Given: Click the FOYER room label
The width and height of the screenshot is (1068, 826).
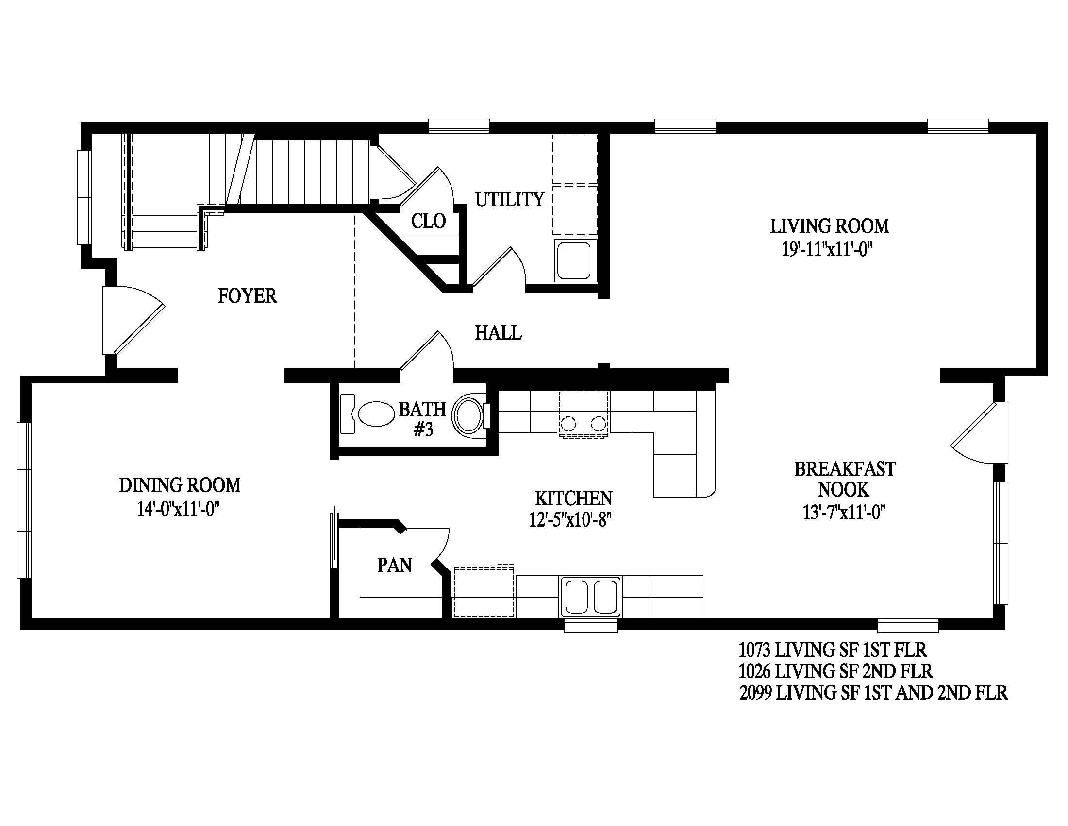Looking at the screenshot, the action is tap(247, 296).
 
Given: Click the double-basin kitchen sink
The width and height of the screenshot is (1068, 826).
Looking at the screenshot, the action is tap(591, 597).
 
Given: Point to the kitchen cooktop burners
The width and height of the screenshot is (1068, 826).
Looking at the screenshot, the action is tap(584, 422).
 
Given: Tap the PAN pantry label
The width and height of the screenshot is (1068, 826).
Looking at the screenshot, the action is tap(394, 566).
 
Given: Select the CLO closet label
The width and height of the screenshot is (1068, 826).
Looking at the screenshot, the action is tap(428, 221).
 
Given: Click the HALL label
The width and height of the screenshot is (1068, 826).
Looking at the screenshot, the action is tap(498, 333).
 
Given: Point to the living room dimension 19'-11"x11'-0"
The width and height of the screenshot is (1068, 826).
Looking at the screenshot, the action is tap(827, 250).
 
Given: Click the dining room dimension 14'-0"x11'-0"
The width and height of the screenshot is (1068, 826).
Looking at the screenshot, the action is tap(178, 509).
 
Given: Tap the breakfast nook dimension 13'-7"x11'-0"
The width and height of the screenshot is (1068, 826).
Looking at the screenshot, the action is tap(845, 512).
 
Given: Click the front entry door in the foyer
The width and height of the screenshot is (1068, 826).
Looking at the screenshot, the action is tap(132, 320).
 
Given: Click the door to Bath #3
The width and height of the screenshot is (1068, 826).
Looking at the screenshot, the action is tap(427, 350).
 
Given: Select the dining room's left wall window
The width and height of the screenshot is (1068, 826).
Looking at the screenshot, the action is tap(23, 500).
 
